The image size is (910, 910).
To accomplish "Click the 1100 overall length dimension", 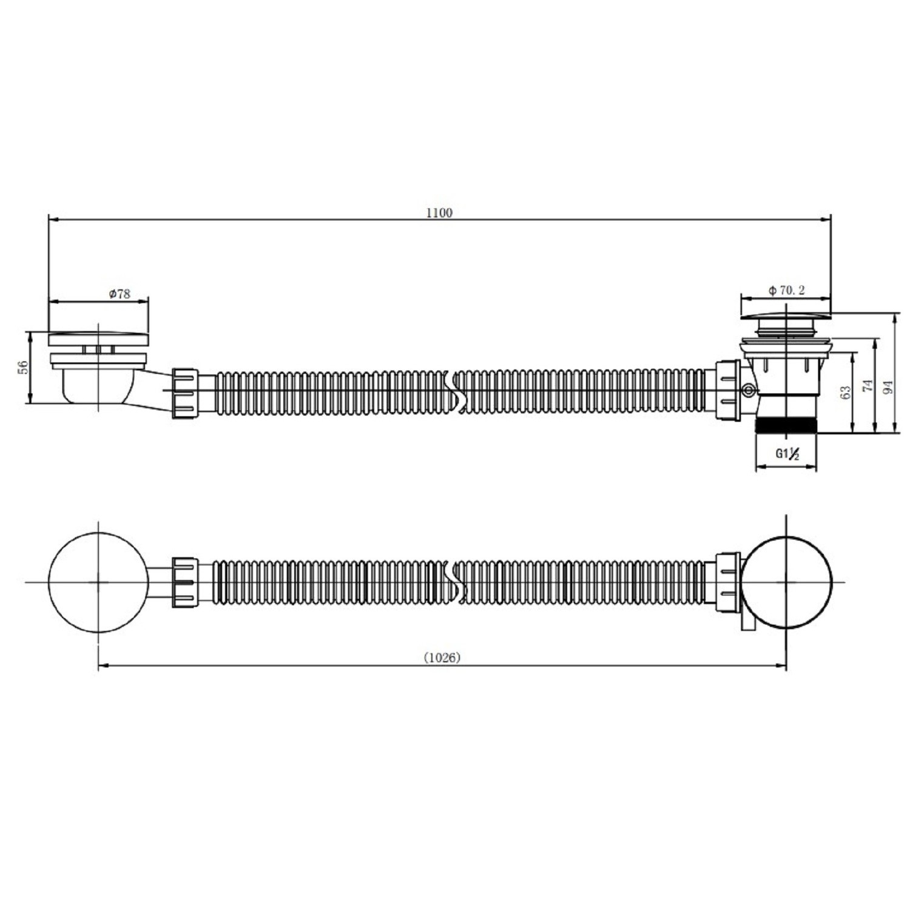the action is pos(439,213).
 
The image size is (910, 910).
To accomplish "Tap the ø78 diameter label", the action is pos(120,294).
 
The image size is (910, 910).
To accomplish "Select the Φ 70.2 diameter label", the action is pos(786,291).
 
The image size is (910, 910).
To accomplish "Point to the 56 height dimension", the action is pos(22,367).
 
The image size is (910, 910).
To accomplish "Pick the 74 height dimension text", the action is pos(868,385).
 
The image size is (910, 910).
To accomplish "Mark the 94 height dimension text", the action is pos(889,387).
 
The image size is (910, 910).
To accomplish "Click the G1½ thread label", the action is pos(787,454).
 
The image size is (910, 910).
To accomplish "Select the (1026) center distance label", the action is pos(442,658).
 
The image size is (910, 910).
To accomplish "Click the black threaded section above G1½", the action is pos(786,424).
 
